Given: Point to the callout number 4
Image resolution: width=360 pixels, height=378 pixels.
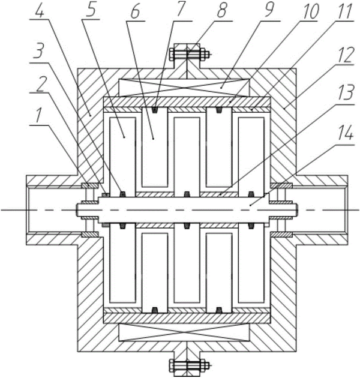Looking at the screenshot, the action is [40, 11].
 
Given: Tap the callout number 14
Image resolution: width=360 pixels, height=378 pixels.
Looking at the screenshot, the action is [346, 133].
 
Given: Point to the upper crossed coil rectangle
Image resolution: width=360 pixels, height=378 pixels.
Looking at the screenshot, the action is [185, 88].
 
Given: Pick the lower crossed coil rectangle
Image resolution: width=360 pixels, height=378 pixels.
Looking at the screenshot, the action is [185, 332].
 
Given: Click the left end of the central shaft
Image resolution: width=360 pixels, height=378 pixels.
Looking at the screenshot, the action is [77, 210].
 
